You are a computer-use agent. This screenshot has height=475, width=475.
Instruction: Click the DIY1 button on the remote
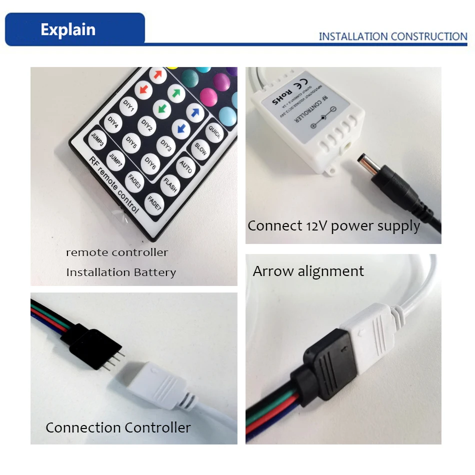click(x=129, y=105)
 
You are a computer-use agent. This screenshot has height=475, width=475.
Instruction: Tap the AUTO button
click(x=185, y=166)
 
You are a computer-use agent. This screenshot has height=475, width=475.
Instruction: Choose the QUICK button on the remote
click(x=214, y=132)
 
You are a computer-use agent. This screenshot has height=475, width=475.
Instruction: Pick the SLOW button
click(x=200, y=148)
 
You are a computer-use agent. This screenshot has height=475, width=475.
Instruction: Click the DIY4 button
click(x=113, y=122)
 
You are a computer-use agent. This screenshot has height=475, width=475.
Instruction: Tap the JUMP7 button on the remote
click(x=116, y=158)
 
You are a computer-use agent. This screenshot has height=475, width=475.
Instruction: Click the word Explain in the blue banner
click(x=68, y=29)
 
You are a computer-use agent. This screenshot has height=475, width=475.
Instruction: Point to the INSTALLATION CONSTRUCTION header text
click(x=392, y=36)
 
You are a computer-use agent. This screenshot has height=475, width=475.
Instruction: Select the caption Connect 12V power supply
click(x=333, y=225)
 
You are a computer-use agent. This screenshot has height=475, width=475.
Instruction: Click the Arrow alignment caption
click(x=308, y=271)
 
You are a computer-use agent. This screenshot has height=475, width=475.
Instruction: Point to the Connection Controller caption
click(x=118, y=427)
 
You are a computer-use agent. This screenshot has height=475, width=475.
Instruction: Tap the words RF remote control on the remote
click(x=113, y=184)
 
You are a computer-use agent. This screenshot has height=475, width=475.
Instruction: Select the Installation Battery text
click(x=121, y=272)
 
